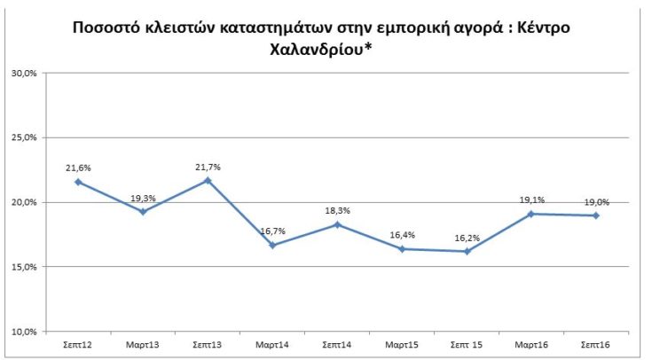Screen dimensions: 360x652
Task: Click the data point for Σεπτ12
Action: (78, 182)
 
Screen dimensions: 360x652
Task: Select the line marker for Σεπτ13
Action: (208, 180)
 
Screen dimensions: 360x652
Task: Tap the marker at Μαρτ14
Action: (272, 245)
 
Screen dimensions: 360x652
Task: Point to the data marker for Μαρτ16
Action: (530, 214)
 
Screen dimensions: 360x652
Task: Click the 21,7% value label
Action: (208, 166)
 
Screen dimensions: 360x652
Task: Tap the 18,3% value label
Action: (337, 210)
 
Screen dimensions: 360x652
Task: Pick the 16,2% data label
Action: (466, 238)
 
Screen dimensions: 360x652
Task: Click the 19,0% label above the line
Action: (595, 201)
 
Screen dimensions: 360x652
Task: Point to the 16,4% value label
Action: (402, 235)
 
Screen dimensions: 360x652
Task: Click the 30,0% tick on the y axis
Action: (23, 74)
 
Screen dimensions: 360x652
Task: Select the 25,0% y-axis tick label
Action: (23, 138)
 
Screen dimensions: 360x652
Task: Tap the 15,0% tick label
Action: (23, 267)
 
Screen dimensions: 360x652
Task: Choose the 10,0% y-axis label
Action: (23, 332)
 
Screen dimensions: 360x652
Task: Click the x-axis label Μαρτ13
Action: (143, 343)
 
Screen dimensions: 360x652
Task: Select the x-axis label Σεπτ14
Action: (337, 343)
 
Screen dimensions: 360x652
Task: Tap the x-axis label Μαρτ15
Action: (402, 343)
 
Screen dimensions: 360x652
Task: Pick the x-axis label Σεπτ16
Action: (595, 343)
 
